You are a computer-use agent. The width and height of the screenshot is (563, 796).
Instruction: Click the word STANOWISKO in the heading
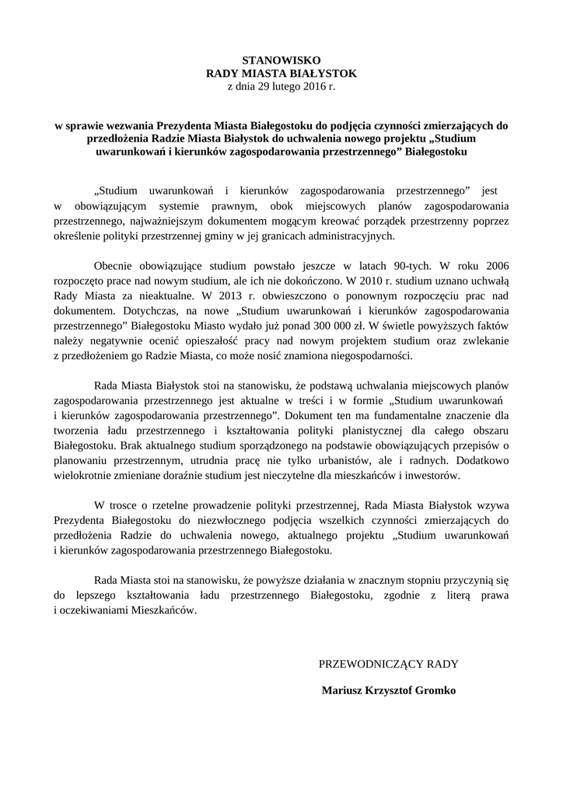pos(281,59)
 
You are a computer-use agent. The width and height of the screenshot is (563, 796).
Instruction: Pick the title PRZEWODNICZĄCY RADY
pos(388,664)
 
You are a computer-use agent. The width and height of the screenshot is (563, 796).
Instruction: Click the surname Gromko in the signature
pos(436,690)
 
